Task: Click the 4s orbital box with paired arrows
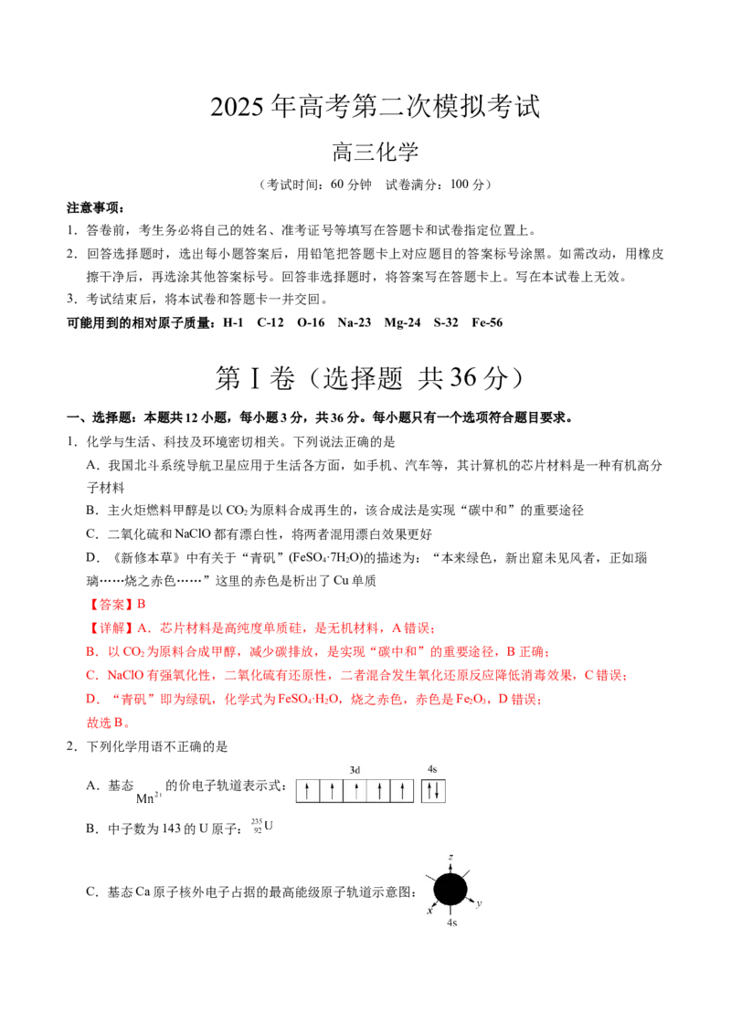(x=433, y=791)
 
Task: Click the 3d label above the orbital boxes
(x=355, y=770)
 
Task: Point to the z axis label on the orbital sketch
(x=450, y=858)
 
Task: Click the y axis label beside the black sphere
(x=479, y=902)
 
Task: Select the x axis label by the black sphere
(x=429, y=911)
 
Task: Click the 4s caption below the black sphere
(x=451, y=923)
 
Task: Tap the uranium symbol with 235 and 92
(x=262, y=826)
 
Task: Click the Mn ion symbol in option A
(x=148, y=797)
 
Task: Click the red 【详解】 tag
(x=111, y=628)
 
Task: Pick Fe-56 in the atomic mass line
(x=487, y=322)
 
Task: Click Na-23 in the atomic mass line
(x=355, y=322)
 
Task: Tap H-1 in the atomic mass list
(x=233, y=322)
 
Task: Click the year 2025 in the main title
(x=238, y=107)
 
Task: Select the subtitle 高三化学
(x=376, y=153)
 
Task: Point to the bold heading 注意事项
(x=96, y=207)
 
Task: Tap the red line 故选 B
(x=109, y=723)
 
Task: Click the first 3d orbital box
(x=308, y=791)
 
